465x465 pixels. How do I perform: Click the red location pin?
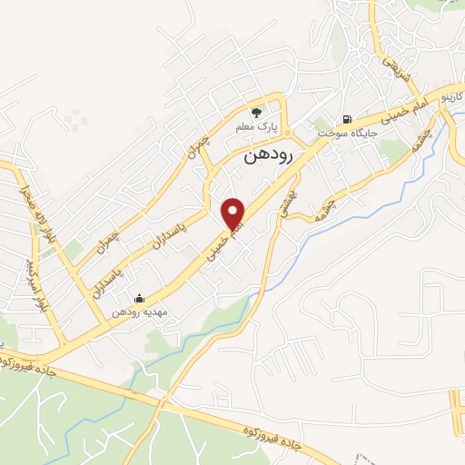pos(233,213)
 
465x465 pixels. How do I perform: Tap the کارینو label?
pos(450,94)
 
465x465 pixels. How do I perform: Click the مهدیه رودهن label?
pos(137,312)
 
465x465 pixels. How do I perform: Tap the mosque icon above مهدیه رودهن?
pos(139,298)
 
